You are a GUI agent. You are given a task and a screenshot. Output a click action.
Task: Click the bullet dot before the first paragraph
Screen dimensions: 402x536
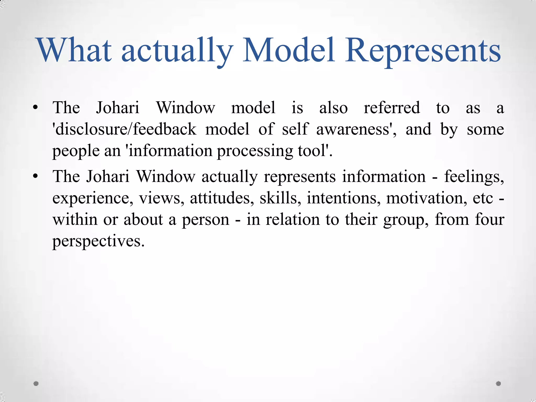click(x=36, y=108)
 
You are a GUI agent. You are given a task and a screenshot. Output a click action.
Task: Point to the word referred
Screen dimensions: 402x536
click(x=392, y=108)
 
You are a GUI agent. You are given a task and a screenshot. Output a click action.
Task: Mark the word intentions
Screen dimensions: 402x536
click(x=344, y=198)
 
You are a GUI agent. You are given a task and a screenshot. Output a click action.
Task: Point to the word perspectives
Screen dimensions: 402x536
click(x=98, y=241)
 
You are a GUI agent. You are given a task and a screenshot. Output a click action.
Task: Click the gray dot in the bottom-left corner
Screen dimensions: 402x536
click(x=36, y=383)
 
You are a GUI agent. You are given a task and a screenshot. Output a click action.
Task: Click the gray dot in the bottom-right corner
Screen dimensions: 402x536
click(x=498, y=383)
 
